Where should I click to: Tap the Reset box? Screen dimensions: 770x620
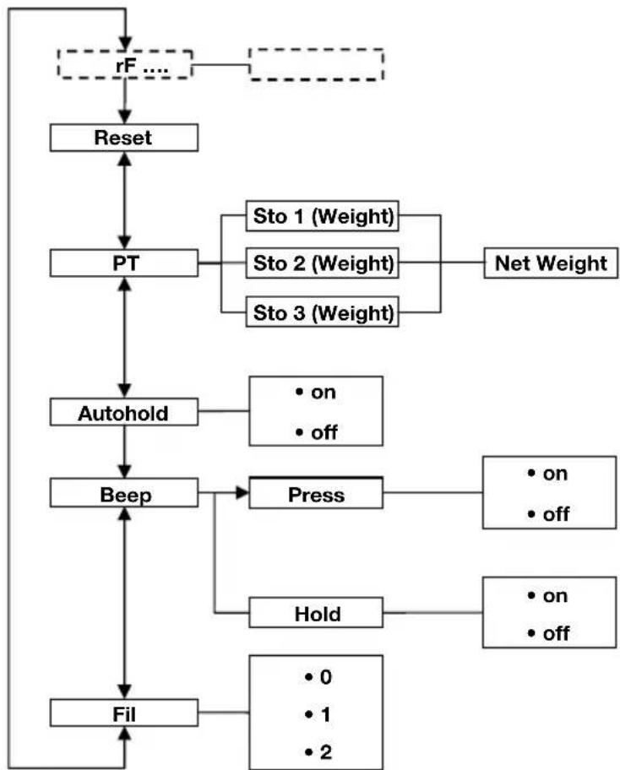coord(124,138)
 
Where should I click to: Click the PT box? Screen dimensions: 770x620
coord(124,263)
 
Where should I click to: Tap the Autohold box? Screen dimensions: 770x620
coord(124,414)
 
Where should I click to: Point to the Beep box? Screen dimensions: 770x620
coord(124,495)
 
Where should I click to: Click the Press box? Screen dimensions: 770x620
coord(316,495)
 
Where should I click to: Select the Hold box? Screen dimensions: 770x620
coord(316,614)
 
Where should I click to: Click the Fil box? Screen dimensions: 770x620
coord(124,713)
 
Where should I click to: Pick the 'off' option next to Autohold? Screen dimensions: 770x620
coord(315,432)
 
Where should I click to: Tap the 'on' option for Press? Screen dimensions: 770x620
coord(547,474)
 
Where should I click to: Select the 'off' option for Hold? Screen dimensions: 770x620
coord(547,633)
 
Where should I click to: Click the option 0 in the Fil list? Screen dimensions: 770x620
coord(315,677)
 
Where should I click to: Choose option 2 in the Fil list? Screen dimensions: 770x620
coord(315,751)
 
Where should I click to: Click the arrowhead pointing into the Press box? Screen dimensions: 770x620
coord(242,495)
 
